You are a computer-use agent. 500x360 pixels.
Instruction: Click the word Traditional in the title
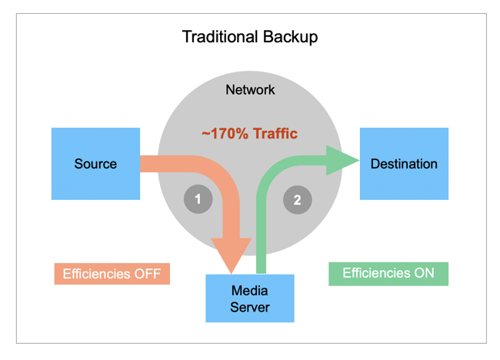click(219, 37)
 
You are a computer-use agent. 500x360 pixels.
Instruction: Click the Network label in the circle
click(250, 90)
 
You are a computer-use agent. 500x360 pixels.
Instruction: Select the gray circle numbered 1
click(198, 200)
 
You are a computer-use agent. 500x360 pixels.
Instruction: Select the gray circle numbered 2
click(298, 200)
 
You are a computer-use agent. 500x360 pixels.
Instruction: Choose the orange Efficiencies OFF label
click(112, 274)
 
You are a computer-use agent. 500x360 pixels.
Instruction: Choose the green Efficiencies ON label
click(388, 273)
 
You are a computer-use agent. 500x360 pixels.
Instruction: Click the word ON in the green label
click(423, 273)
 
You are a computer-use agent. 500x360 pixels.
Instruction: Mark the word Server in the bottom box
click(249, 308)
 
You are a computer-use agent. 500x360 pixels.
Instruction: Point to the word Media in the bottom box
click(249, 291)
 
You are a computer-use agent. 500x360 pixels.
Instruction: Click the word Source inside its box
click(95, 164)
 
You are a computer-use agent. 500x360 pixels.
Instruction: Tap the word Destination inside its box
click(404, 164)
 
